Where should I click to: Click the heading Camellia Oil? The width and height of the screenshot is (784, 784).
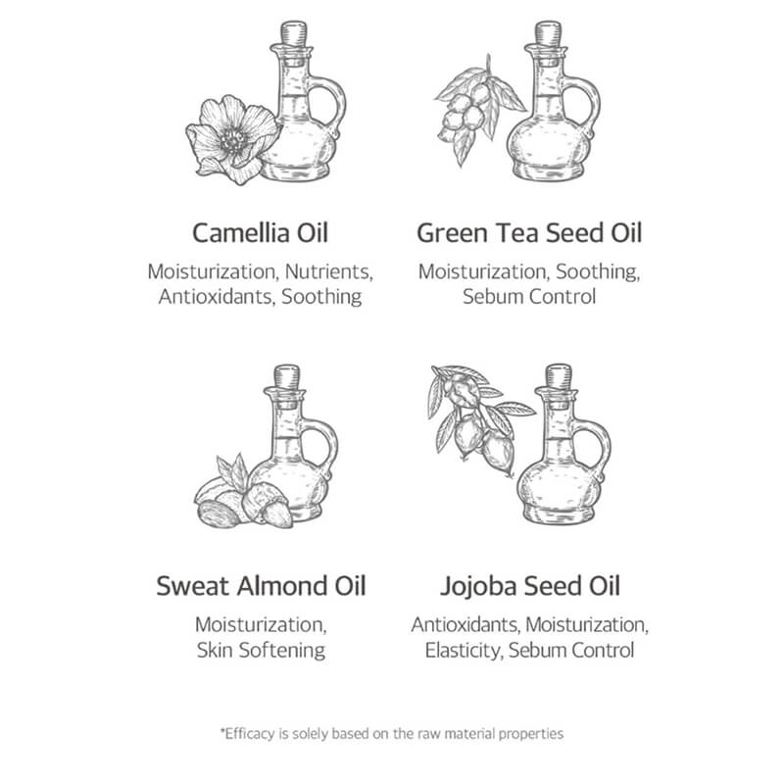coord(260,233)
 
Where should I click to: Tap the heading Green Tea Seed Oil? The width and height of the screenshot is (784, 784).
coord(529,233)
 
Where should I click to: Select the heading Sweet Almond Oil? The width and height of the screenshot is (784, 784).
coord(260,586)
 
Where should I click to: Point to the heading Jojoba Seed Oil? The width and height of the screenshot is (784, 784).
coord(529,586)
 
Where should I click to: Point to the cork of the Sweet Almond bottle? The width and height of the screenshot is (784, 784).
coord(287,375)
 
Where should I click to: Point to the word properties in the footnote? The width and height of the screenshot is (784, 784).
coord(528,732)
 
